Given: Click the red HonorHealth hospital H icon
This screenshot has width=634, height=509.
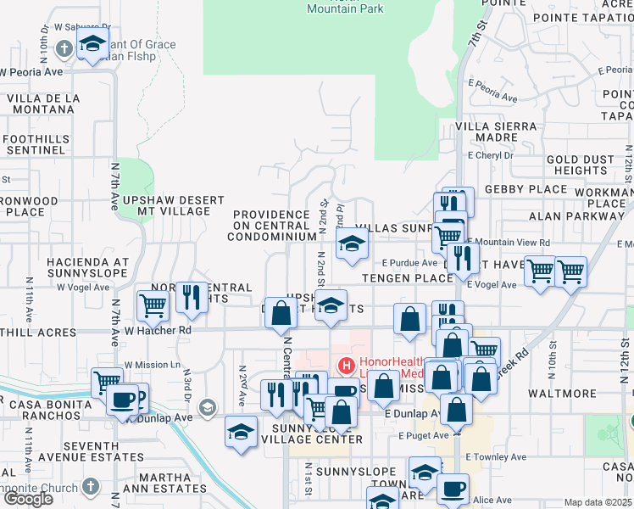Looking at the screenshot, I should pos(346,366).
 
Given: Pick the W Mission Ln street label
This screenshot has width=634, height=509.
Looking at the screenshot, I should pos(153,365).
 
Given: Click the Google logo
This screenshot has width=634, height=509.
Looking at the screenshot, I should pos(28,498).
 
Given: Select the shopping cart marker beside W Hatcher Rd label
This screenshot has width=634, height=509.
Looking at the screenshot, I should pos(153,305).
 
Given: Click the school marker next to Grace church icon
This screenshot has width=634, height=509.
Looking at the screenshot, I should pos(92,45).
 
